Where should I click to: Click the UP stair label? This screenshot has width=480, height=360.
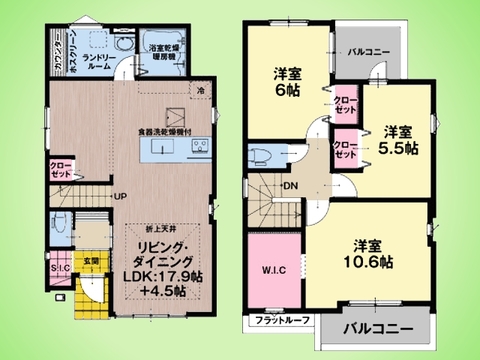(x=118, y=196)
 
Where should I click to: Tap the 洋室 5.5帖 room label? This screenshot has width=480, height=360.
(x=398, y=139)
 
